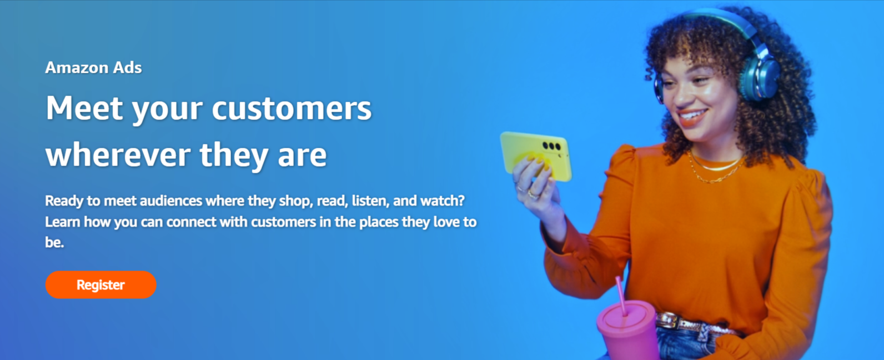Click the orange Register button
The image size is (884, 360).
point(101,285)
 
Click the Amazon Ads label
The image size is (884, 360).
point(93,68)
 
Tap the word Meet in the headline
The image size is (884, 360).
point(84,108)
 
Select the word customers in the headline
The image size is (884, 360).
point(292,109)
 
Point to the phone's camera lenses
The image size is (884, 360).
point(551,146)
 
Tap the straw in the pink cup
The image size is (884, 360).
point(620,294)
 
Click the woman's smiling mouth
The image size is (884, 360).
point(692,116)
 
